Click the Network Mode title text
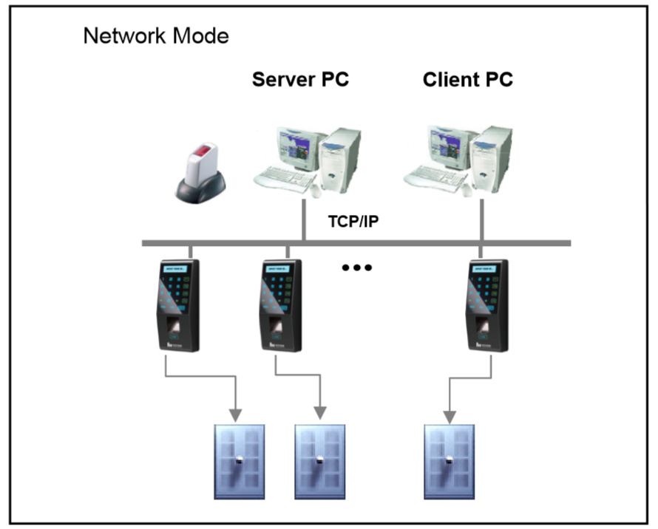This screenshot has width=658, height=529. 156,35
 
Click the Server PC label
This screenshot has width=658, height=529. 300,80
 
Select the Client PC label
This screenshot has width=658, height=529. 468,80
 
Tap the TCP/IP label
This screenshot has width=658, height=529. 356,220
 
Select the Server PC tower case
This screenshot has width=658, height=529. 343,159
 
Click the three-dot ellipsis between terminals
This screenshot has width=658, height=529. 356,267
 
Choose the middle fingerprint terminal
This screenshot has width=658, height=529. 280,305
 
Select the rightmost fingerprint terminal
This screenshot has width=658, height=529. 485,305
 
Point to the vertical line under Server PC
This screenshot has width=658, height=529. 304,218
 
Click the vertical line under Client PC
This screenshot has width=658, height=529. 482,218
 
